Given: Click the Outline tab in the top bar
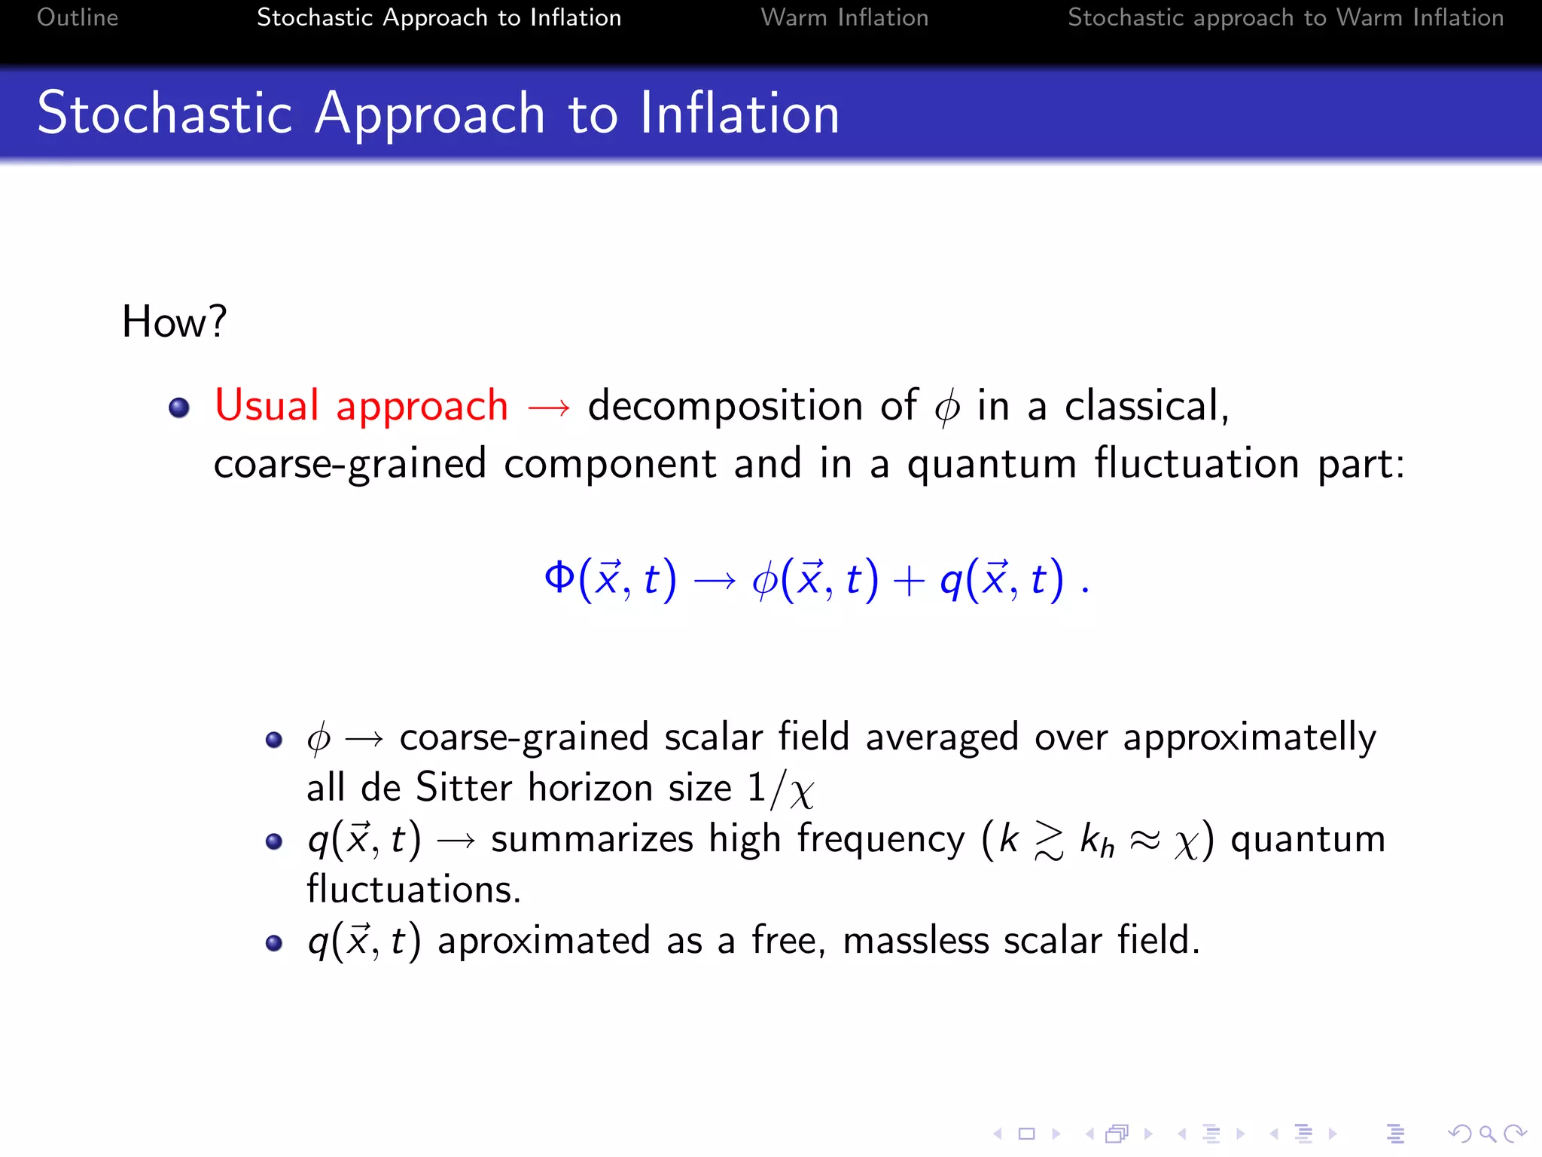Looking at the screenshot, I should (78, 17).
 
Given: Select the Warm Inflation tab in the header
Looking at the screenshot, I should (844, 17).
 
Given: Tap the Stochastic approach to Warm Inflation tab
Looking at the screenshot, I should (1285, 17).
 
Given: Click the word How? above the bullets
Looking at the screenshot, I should (174, 322).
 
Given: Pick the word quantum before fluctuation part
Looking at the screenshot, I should (992, 464).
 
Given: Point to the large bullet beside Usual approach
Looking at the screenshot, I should (179, 408).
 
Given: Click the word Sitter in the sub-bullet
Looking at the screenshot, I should (464, 788).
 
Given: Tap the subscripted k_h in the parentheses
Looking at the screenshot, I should (1097, 840).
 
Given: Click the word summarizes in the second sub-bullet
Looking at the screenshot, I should (592, 839).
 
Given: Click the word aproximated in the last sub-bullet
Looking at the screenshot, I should (544, 941).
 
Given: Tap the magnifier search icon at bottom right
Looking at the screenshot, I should (1487, 1133).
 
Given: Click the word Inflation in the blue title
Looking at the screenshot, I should (739, 114).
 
